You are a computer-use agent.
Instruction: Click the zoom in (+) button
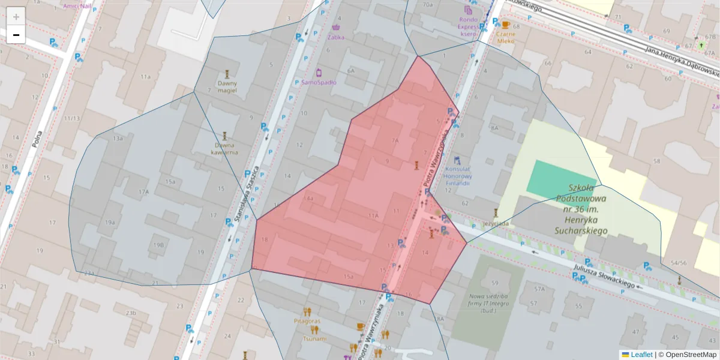(16, 17)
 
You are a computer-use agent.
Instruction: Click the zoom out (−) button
(16, 35)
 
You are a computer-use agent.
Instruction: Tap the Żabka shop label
(336, 36)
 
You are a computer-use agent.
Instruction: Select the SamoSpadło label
(319, 82)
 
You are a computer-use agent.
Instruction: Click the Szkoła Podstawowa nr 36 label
(581, 209)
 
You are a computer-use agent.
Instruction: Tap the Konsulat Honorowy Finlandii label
(458, 176)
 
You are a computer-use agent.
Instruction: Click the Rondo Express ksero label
(468, 26)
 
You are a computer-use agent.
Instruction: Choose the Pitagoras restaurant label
(307, 321)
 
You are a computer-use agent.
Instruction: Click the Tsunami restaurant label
(314, 338)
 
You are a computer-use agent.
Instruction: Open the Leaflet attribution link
(641, 355)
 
